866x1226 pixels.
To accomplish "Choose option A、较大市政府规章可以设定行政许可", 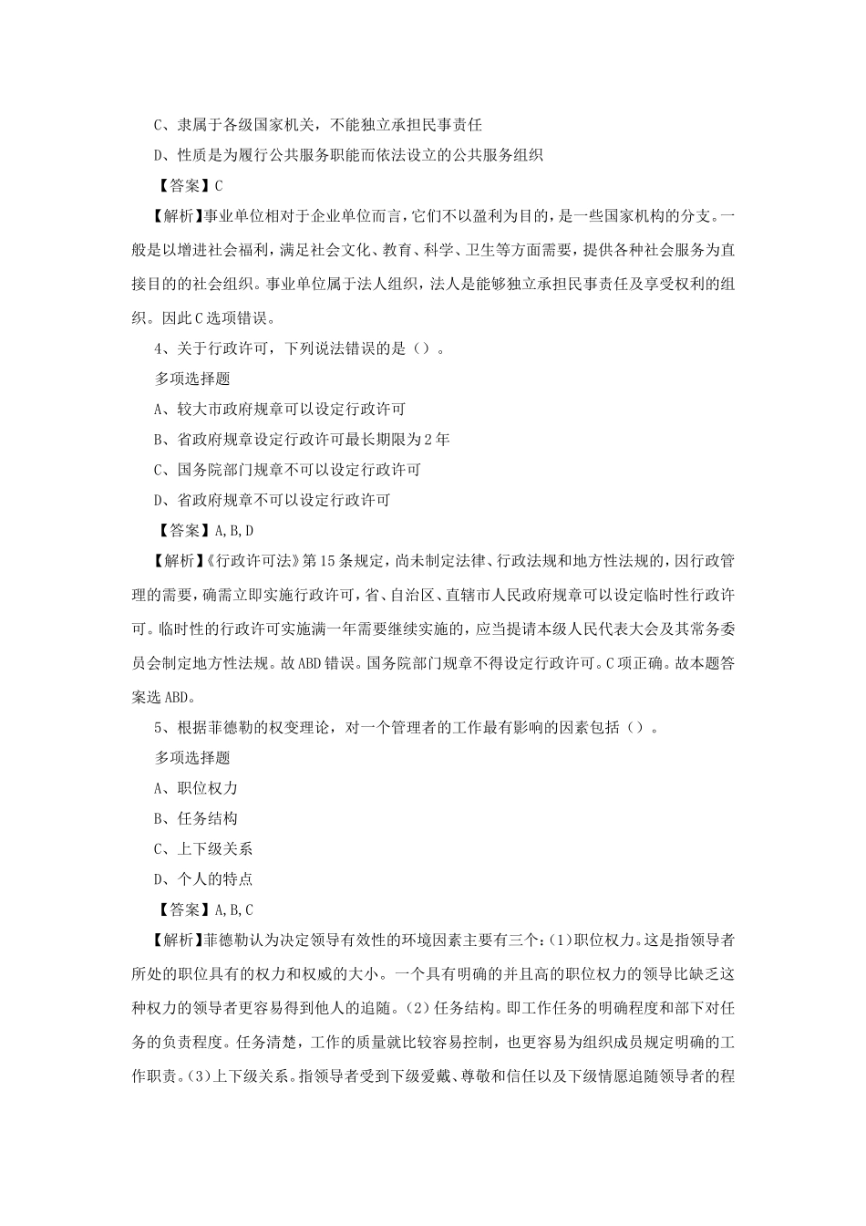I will point(279,410).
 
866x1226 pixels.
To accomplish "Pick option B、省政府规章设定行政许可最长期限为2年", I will point(302,440).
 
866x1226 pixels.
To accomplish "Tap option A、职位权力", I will point(196,788).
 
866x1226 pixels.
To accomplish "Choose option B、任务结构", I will point(196,818).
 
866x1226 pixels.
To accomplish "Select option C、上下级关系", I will point(203,849).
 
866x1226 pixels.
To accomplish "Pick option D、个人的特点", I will point(203,879).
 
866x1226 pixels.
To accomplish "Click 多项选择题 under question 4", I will point(192,379).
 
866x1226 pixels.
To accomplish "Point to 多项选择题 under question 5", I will point(192,758).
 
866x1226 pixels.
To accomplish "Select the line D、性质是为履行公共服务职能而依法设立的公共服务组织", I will point(347,156).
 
